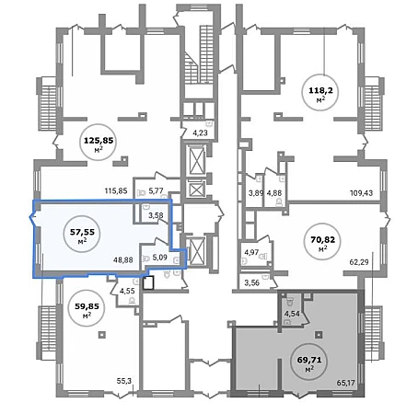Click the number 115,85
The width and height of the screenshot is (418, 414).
point(116,191)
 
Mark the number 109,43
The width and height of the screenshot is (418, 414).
point(361,193)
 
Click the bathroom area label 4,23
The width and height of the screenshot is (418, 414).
point(200,132)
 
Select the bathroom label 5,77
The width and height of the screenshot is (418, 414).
point(156,191)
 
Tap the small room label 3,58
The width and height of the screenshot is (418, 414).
point(156,215)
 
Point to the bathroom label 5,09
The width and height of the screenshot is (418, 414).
point(159,258)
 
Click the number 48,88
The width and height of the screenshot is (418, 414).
point(123,260)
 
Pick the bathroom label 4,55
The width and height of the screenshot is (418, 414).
point(127,291)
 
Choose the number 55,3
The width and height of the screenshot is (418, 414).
point(124,381)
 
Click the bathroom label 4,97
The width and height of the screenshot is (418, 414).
point(251,252)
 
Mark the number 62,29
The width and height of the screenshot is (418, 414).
point(359,262)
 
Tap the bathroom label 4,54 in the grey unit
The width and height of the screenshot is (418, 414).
point(292,314)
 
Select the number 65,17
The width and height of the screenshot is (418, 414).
point(345,383)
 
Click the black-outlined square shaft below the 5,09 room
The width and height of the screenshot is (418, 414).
point(148,283)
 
